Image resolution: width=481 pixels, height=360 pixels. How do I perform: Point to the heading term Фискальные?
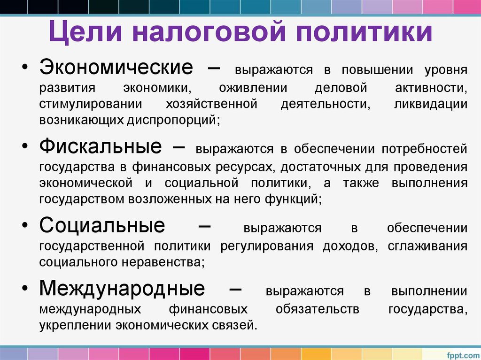pyautogui.click(x=101, y=146)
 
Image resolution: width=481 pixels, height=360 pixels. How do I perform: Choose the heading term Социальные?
pyautogui.click(x=102, y=226)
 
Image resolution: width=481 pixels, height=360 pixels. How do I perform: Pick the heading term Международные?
pyautogui.click(x=122, y=288)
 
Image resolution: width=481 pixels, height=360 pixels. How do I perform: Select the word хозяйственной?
pyautogui.click(x=211, y=104)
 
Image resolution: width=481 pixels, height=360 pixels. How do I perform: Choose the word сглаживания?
pyautogui.click(x=427, y=246)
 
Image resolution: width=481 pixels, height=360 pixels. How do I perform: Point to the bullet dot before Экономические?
pyautogui.click(x=25, y=69)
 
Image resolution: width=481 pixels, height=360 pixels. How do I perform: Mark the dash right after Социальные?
pyautogui.click(x=204, y=226)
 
